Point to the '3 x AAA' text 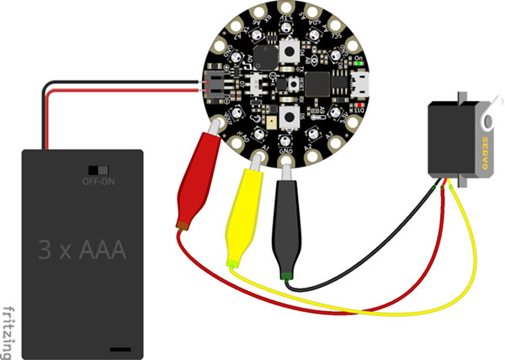tap(81, 249)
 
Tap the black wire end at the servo tap(433, 182)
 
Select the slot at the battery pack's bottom tap(120, 346)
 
